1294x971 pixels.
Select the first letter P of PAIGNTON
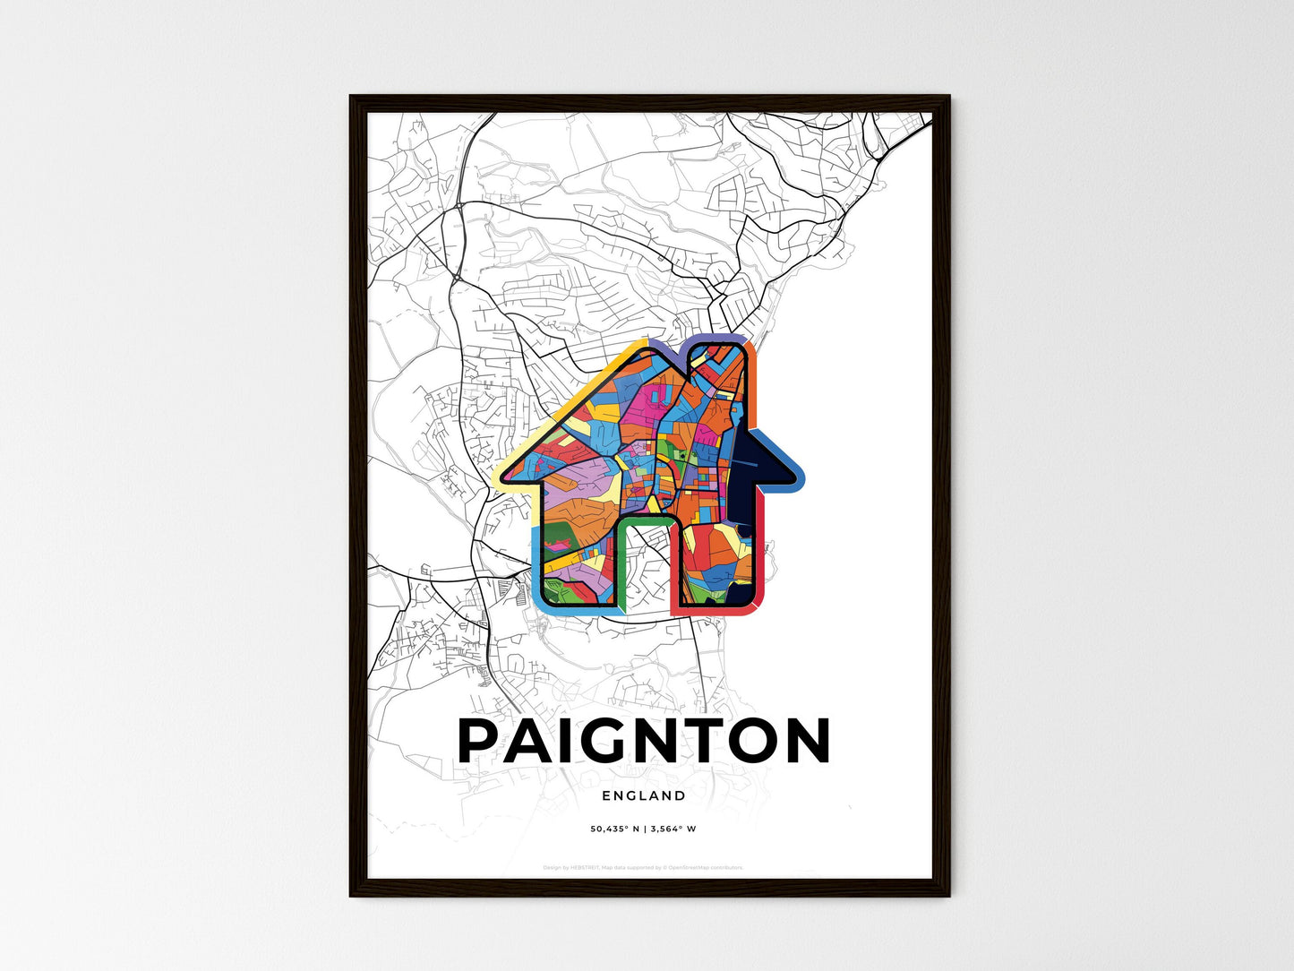click(x=484, y=741)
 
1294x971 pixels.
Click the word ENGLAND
click(x=644, y=795)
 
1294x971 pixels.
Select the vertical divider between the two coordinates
click(x=643, y=829)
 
